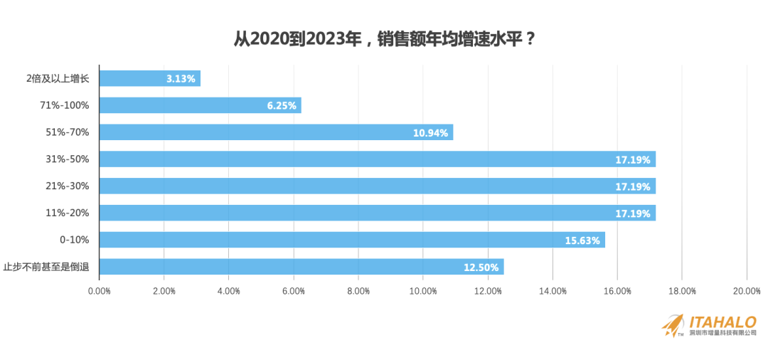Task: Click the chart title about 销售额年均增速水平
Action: tap(384, 38)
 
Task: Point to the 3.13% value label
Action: tap(181, 79)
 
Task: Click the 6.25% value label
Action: tap(281, 106)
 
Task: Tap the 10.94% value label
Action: tap(430, 133)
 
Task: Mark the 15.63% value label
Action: tap(582, 240)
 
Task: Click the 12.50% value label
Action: tap(481, 268)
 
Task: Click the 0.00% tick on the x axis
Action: tap(99, 290)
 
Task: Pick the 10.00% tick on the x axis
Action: tap(423, 290)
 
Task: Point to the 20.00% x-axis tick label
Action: tap(747, 290)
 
